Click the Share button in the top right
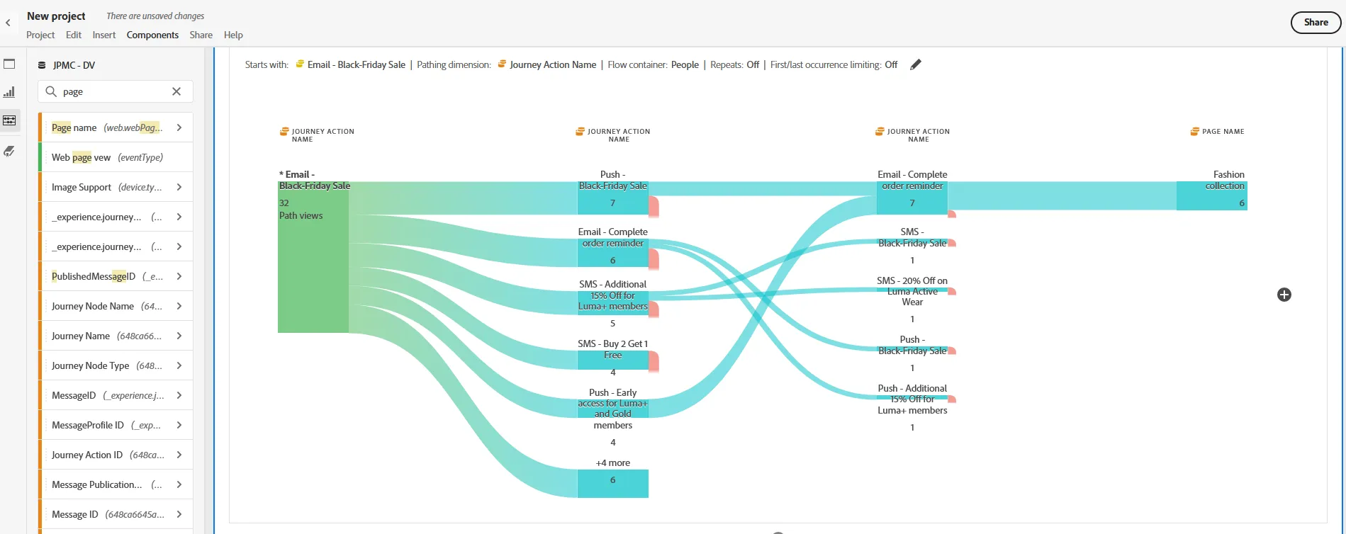[x=1316, y=23]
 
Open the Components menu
[x=152, y=35]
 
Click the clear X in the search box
[x=176, y=91]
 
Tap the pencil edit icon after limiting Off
[x=916, y=64]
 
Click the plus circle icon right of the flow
[x=1284, y=295]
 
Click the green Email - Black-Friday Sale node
[x=313, y=257]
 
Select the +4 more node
[x=612, y=483]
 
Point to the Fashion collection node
[x=1211, y=196]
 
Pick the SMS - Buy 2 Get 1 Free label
[x=612, y=349]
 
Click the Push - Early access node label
[x=612, y=409]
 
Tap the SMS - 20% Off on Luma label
[x=912, y=291]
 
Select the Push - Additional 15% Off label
[x=912, y=399]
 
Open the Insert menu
[x=103, y=35]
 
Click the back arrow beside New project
[x=8, y=23]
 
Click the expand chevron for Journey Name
[x=179, y=336]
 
